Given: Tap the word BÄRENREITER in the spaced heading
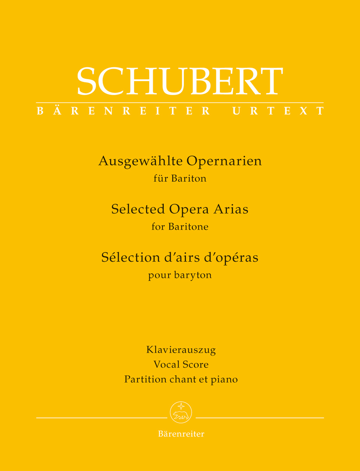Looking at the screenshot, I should (x=123, y=111).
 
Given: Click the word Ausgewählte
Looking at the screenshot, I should (x=141, y=161).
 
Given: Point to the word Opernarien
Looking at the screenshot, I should (x=224, y=161).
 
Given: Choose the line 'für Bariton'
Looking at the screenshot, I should (x=180, y=179).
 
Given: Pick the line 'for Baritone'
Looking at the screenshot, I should (x=180, y=227).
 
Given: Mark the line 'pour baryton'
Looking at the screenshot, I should (x=180, y=275).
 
